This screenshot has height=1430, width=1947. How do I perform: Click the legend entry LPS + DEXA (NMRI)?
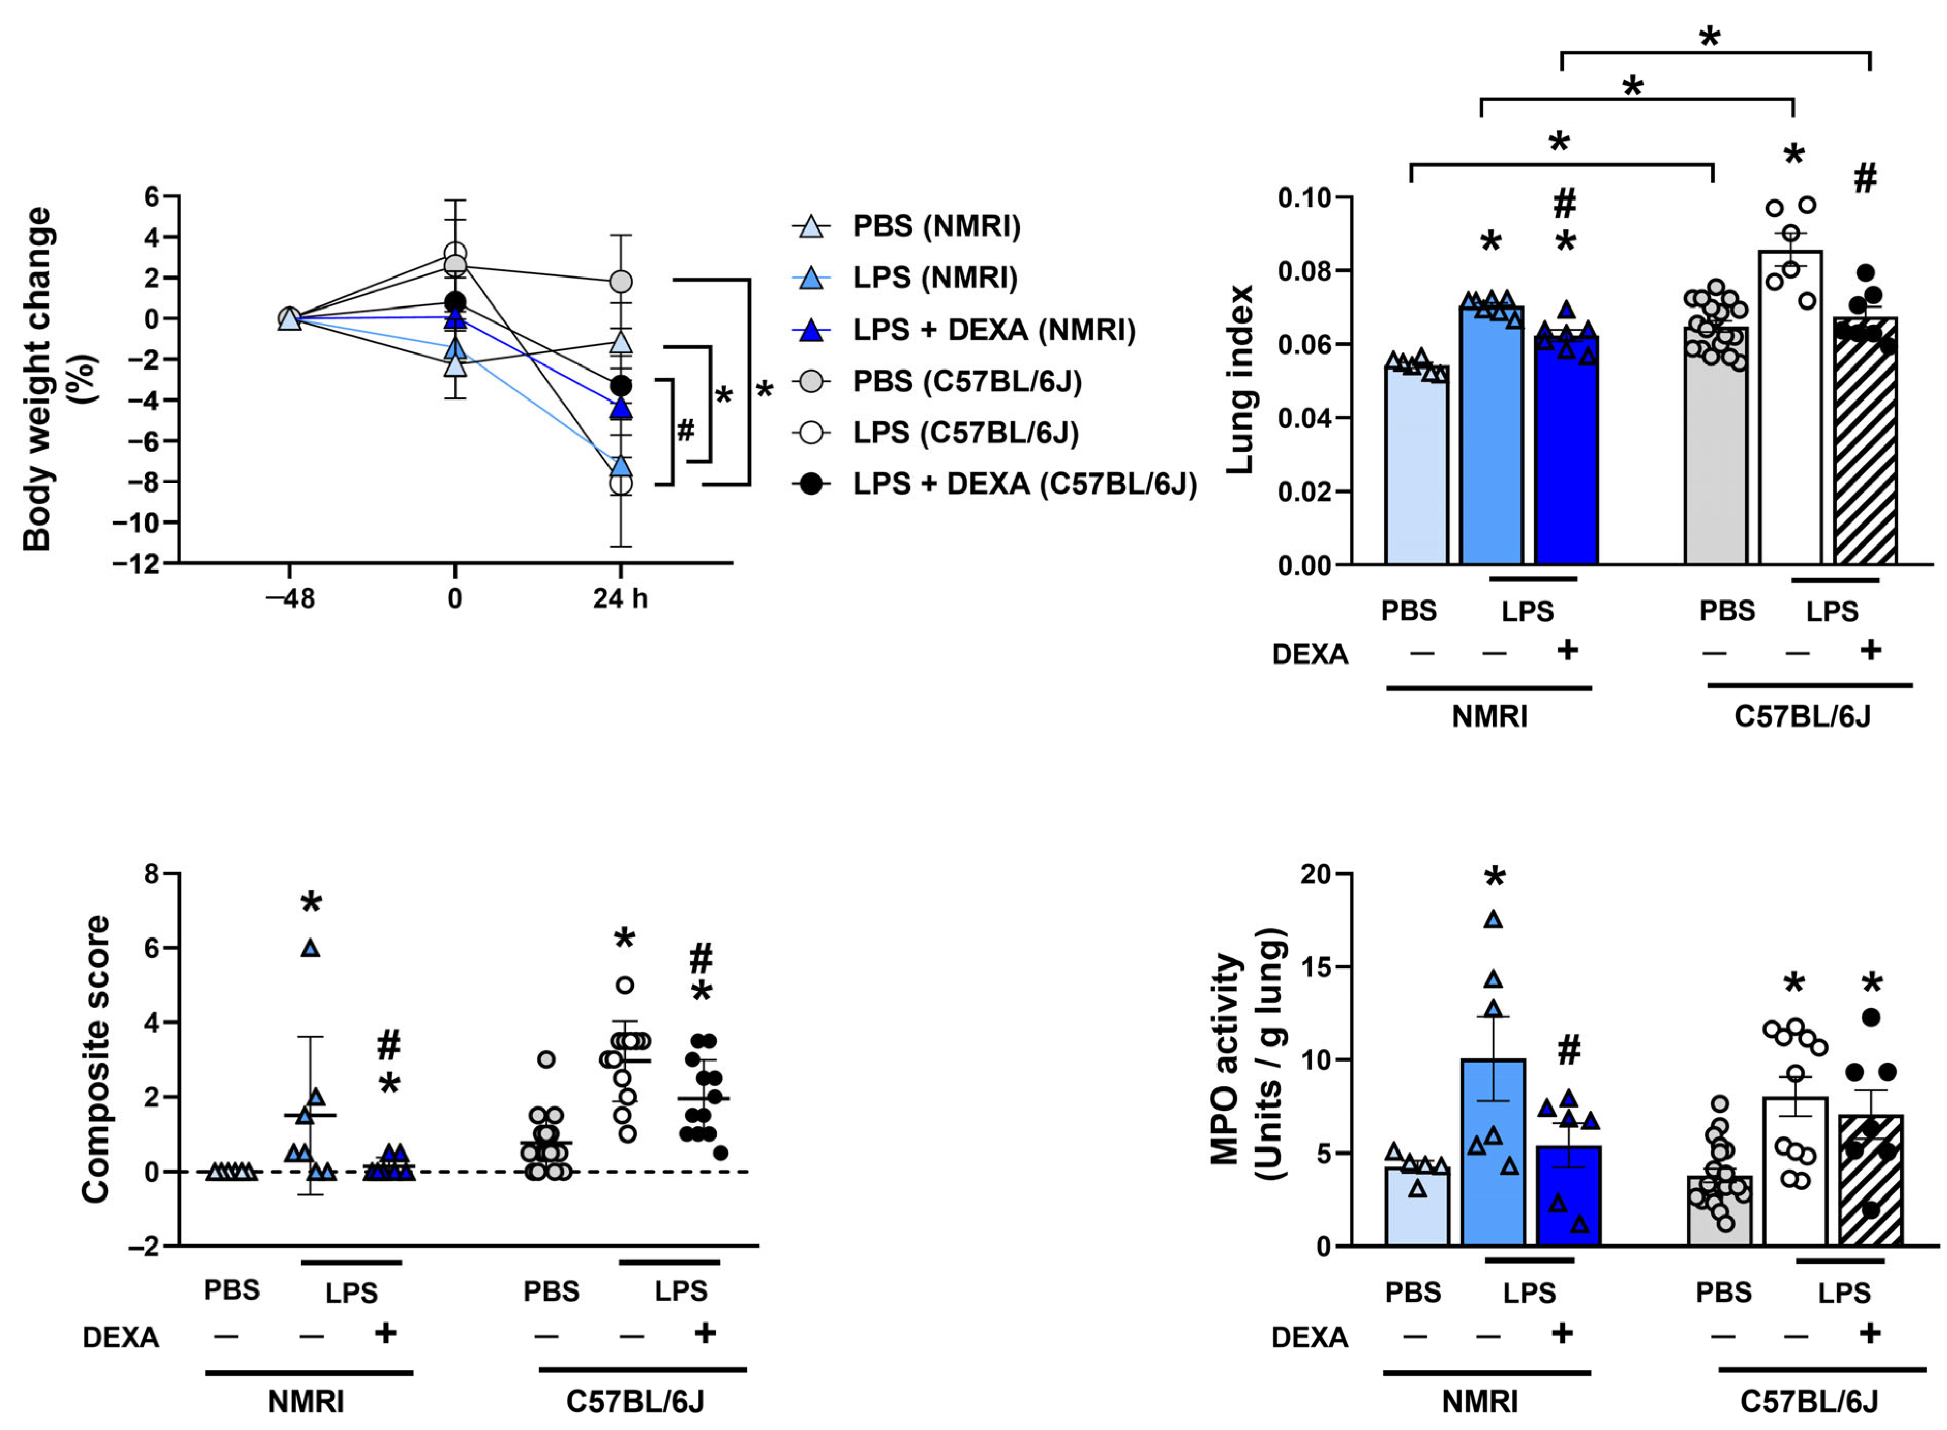[993, 330]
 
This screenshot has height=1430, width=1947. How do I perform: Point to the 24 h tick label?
[620, 599]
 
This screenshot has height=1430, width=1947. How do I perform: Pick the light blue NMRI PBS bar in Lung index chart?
[1417, 467]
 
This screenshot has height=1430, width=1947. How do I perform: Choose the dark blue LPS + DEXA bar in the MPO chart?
[1568, 1199]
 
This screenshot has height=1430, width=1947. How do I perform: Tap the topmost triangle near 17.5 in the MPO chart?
[1493, 920]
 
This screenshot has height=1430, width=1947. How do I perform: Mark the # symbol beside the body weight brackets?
[685, 429]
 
